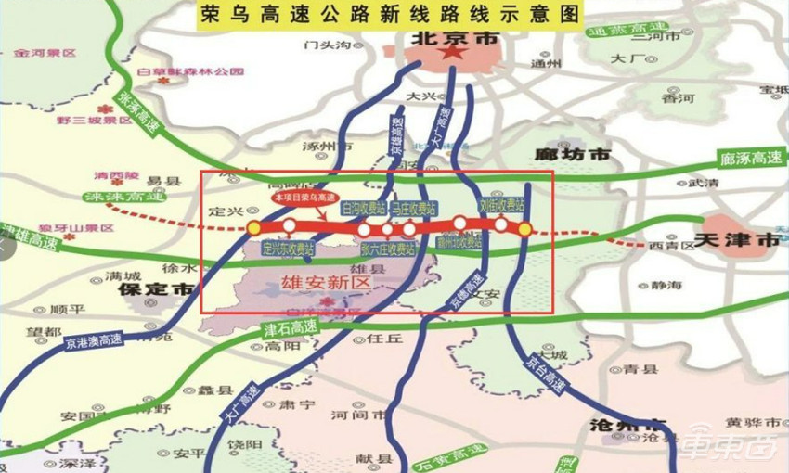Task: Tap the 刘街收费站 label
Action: click(501, 203)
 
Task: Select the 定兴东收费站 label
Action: click(289, 249)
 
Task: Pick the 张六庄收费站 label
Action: click(387, 249)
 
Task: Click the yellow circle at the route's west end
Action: click(253, 227)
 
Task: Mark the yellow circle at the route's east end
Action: click(524, 228)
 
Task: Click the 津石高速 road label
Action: click(291, 328)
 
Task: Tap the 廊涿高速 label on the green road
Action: click(750, 159)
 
